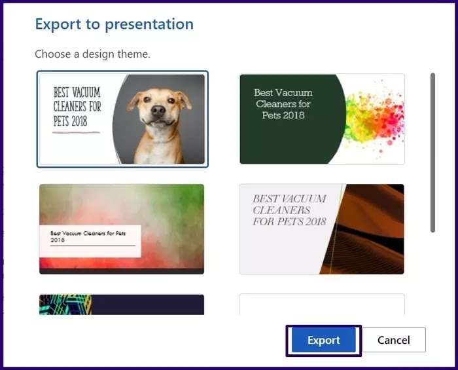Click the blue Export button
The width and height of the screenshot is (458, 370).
(x=324, y=340)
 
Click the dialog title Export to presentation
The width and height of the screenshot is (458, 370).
(x=114, y=24)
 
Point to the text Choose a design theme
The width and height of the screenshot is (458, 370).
(x=92, y=54)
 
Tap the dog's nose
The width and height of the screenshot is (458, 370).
(x=158, y=111)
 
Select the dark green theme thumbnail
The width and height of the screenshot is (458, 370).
(x=322, y=119)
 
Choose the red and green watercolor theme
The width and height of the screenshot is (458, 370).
(x=122, y=229)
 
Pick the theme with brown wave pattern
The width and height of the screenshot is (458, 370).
(x=322, y=229)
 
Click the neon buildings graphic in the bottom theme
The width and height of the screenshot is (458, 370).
(x=65, y=305)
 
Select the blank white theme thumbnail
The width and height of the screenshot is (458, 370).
(x=322, y=305)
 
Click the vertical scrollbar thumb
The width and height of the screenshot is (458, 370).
(x=432, y=153)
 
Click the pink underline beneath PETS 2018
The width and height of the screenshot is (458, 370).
(x=76, y=132)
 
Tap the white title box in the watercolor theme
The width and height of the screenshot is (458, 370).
(x=90, y=241)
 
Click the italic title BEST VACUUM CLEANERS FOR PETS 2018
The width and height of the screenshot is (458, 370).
(x=289, y=210)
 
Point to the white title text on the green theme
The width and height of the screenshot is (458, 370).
(x=283, y=103)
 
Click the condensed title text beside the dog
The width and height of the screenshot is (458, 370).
(x=77, y=107)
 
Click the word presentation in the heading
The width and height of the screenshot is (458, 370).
(x=149, y=25)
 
